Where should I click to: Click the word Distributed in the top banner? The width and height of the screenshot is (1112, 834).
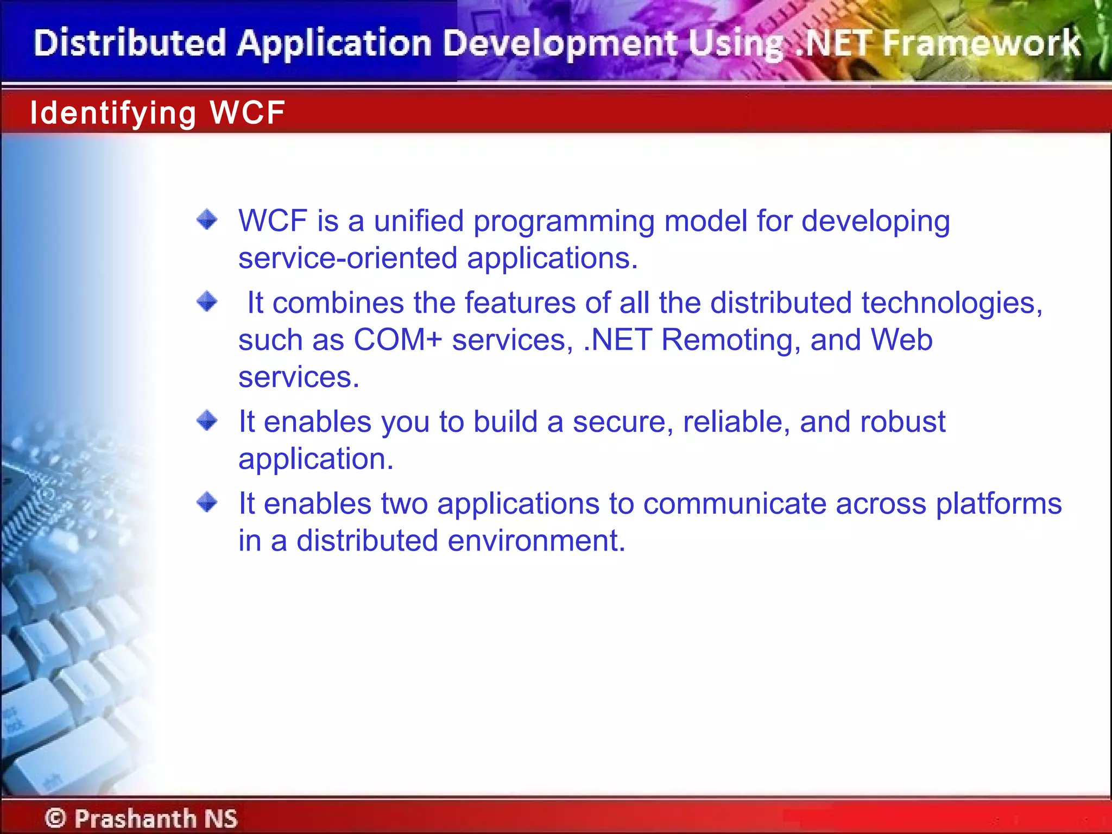point(129,43)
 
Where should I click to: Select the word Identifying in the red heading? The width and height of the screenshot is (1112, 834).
point(112,113)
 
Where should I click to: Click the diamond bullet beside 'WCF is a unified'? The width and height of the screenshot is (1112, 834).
point(207,220)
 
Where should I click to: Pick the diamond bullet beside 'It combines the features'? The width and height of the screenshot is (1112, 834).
point(207,301)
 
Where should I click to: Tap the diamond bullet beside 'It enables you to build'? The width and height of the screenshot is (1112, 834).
point(207,420)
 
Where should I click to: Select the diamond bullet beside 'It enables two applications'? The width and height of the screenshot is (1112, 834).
point(207,502)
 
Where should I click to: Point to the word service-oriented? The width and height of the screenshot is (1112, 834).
point(347,258)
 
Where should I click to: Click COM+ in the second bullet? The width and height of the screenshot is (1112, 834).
point(398,340)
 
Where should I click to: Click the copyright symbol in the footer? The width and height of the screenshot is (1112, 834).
point(55,818)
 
